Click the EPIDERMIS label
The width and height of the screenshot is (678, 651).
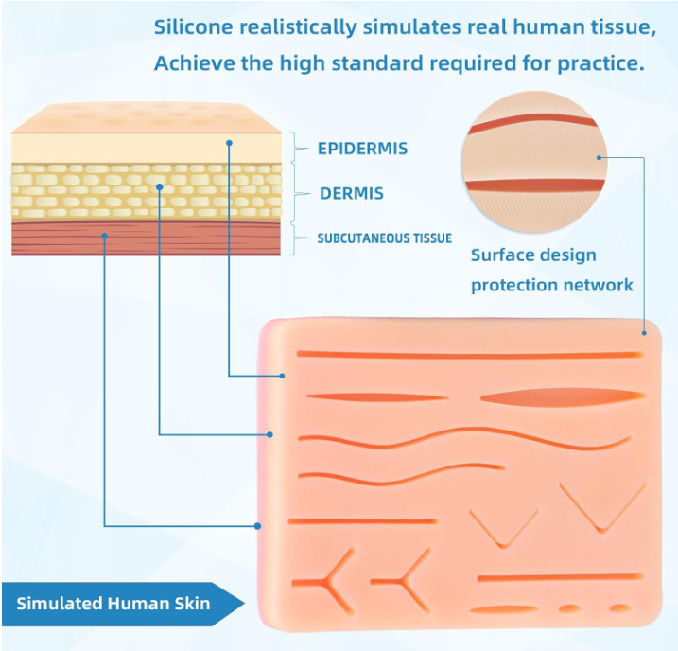[x=362, y=149]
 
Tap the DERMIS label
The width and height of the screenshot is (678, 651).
[x=352, y=193]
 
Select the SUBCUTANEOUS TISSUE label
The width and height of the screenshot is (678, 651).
[x=385, y=238]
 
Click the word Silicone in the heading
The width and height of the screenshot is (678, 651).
[x=193, y=26]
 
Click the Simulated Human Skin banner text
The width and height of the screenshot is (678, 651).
[x=113, y=603]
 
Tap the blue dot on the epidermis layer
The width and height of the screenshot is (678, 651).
[x=229, y=143]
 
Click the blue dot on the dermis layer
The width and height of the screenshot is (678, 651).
[x=160, y=186]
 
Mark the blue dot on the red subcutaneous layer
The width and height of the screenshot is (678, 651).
[x=105, y=236]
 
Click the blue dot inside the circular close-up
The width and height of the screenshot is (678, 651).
[x=599, y=157]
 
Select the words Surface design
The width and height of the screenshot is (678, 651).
[x=533, y=255]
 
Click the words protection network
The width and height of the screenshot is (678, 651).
[x=551, y=285]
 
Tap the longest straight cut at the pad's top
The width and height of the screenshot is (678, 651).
[x=470, y=355]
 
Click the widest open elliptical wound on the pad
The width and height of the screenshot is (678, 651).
[x=563, y=396]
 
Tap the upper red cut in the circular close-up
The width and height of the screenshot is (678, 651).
[x=532, y=122]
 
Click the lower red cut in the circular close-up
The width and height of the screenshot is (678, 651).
[x=534, y=185]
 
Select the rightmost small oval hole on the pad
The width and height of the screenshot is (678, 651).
[x=619, y=608]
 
